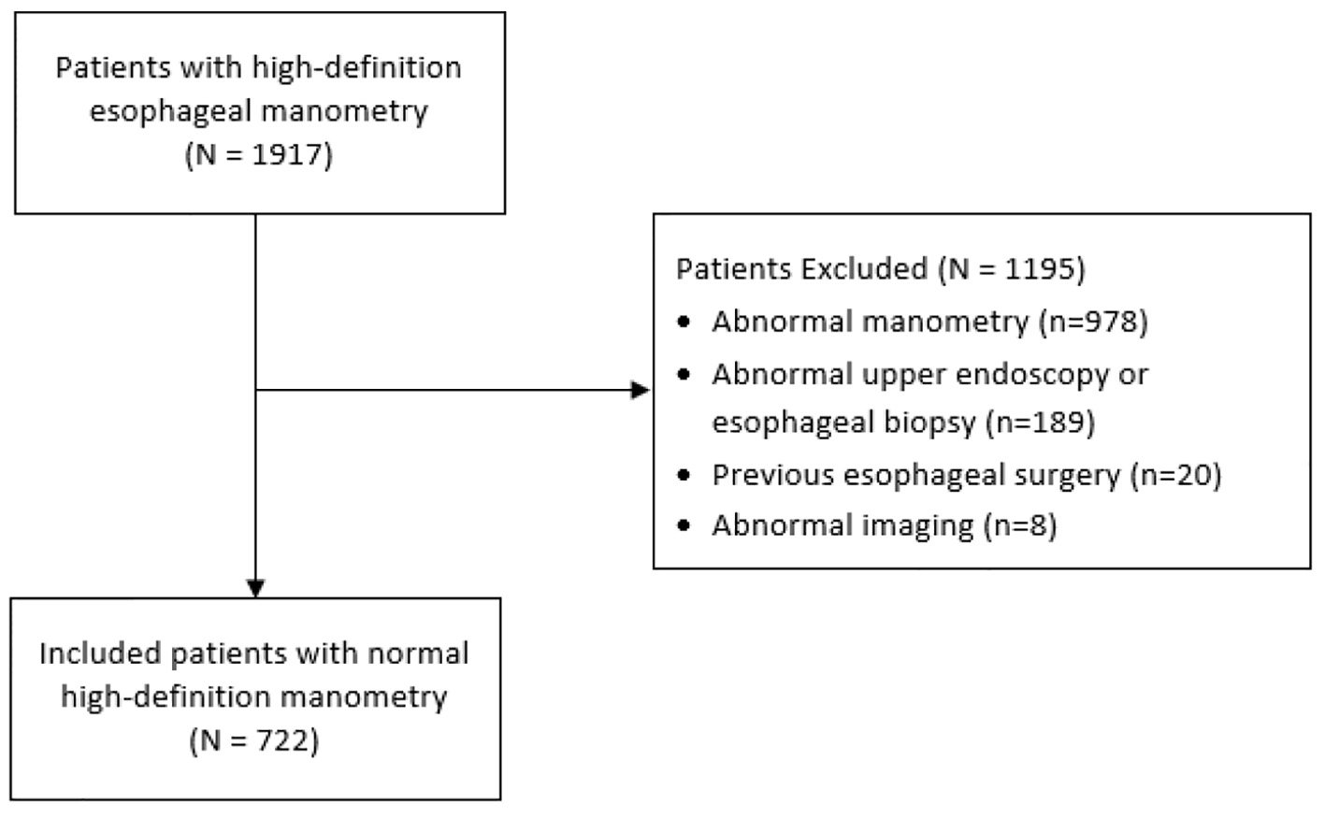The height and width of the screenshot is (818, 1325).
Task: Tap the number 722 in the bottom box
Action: click(x=282, y=740)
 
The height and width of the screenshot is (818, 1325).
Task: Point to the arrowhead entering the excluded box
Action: click(x=641, y=390)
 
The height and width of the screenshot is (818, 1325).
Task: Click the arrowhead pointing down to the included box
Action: click(x=255, y=588)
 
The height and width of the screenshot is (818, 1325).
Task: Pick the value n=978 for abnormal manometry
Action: click(x=1093, y=322)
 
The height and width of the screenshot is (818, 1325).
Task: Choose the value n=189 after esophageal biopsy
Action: click(x=1041, y=423)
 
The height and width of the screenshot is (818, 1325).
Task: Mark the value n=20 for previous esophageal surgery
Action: click(x=1176, y=475)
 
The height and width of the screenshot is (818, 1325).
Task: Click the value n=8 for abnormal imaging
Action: click(x=1020, y=525)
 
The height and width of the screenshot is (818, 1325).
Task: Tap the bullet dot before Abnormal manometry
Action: click(x=684, y=323)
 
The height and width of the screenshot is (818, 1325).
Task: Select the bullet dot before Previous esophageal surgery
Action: click(x=684, y=475)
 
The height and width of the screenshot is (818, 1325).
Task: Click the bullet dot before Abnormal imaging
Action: click(x=684, y=525)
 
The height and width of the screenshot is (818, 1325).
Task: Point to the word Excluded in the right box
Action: click(x=864, y=269)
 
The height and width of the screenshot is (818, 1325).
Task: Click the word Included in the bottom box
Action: click(x=101, y=653)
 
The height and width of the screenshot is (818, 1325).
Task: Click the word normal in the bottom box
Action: click(x=418, y=654)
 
